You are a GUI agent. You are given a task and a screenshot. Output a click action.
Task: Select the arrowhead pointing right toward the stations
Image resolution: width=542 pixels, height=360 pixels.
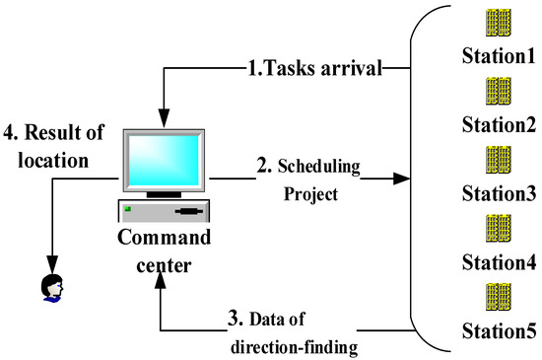tap(402, 180)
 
